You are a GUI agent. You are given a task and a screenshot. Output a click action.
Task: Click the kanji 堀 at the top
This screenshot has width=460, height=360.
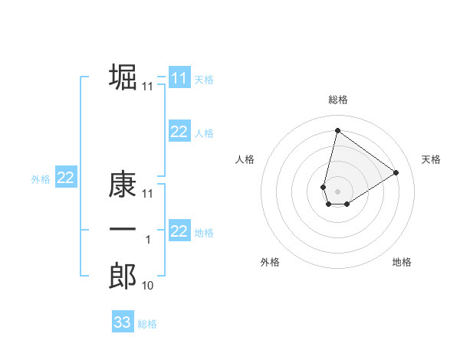[123, 77]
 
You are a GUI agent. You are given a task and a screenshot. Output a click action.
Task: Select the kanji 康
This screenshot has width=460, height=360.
[123, 185]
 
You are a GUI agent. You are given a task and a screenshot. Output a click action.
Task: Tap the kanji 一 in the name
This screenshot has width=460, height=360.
[123, 230]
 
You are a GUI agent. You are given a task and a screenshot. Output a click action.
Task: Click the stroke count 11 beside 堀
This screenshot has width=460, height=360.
[148, 87]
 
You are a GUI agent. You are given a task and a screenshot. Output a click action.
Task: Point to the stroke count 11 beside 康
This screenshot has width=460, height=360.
[148, 195]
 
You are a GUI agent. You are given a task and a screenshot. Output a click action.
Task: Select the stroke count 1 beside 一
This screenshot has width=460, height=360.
[148, 240]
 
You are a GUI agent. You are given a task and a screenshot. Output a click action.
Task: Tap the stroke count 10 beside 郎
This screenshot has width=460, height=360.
[148, 286]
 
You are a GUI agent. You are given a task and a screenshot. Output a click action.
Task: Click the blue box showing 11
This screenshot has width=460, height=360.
[179, 77]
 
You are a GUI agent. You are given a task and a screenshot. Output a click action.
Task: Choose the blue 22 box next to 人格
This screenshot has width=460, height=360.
[179, 132]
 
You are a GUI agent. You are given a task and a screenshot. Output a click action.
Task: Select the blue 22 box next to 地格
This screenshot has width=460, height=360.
[179, 231]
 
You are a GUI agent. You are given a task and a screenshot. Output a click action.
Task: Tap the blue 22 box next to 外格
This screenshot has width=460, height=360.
[65, 178]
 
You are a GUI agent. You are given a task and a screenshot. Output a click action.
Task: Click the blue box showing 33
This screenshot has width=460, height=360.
[122, 322]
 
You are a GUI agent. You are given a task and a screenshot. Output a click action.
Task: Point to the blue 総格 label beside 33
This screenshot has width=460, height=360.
[147, 323]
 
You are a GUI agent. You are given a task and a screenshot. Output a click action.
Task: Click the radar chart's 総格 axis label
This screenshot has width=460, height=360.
[338, 100]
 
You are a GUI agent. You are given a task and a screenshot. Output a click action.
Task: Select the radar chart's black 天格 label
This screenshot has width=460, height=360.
[432, 159]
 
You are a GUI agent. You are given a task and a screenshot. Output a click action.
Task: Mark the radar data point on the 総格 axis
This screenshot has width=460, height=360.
[337, 129]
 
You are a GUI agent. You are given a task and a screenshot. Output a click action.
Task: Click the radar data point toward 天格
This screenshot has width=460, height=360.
[396, 172]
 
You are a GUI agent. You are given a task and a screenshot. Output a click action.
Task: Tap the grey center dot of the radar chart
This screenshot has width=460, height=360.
[337, 191]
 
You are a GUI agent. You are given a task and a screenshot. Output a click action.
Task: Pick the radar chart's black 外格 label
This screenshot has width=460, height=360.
[270, 262]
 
